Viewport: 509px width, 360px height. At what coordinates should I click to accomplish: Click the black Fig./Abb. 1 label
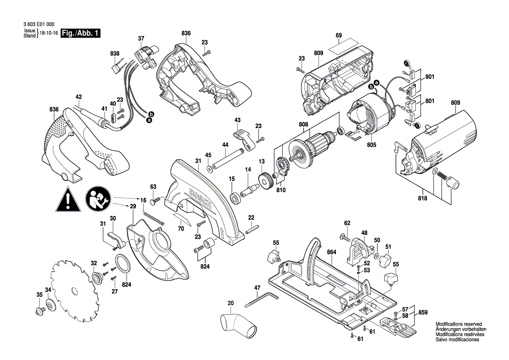tap(81, 34)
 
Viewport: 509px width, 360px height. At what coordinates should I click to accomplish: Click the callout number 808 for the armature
tap(303, 124)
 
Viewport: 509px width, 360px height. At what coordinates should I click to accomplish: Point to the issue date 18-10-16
tap(49, 34)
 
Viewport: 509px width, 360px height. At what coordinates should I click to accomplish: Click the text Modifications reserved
tap(459, 325)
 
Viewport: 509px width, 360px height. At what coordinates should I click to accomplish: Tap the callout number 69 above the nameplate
tap(339, 35)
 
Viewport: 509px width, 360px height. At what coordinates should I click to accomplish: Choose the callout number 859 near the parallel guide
tap(423, 312)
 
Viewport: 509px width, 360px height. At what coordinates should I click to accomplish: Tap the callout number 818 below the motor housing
tap(422, 198)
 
